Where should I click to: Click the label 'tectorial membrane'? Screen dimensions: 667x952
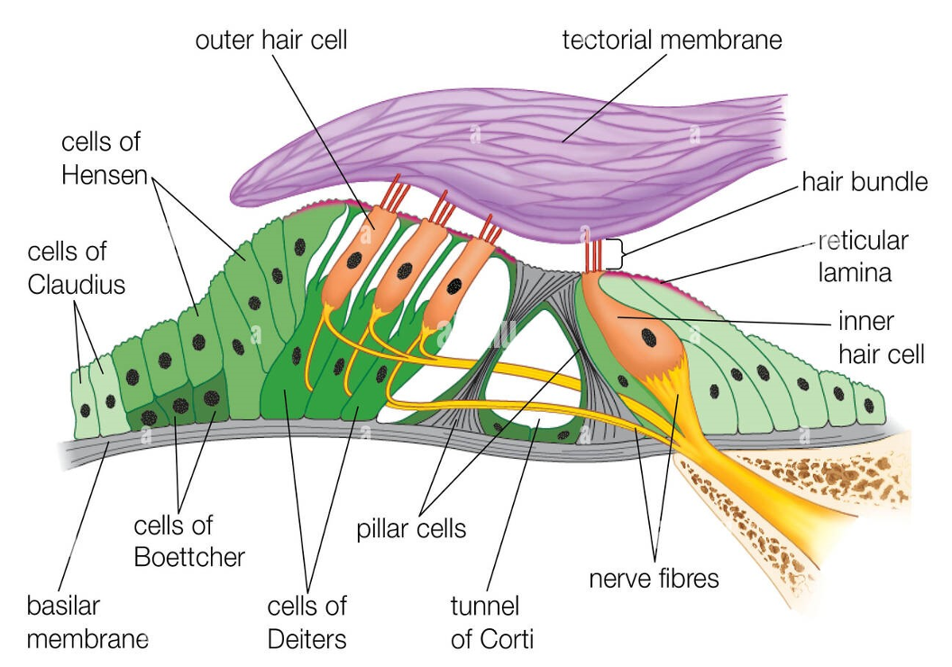(x=672, y=40)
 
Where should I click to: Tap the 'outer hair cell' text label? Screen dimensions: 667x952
(x=270, y=40)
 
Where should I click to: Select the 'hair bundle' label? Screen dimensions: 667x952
(x=865, y=182)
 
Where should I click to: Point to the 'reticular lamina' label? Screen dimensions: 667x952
(x=863, y=257)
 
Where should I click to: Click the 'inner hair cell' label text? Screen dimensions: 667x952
(x=881, y=336)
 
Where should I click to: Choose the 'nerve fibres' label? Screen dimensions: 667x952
(x=654, y=577)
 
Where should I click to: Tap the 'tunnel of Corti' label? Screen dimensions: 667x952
(x=492, y=622)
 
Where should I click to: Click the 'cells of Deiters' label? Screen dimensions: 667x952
(x=307, y=622)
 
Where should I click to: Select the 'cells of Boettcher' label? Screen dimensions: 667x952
(x=189, y=541)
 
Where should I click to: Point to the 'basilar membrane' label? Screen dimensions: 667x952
(x=87, y=622)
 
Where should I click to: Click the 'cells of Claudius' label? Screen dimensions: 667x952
(x=77, y=268)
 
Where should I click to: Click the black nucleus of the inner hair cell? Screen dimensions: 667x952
(x=648, y=337)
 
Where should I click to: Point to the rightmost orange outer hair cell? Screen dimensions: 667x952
(x=460, y=281)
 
